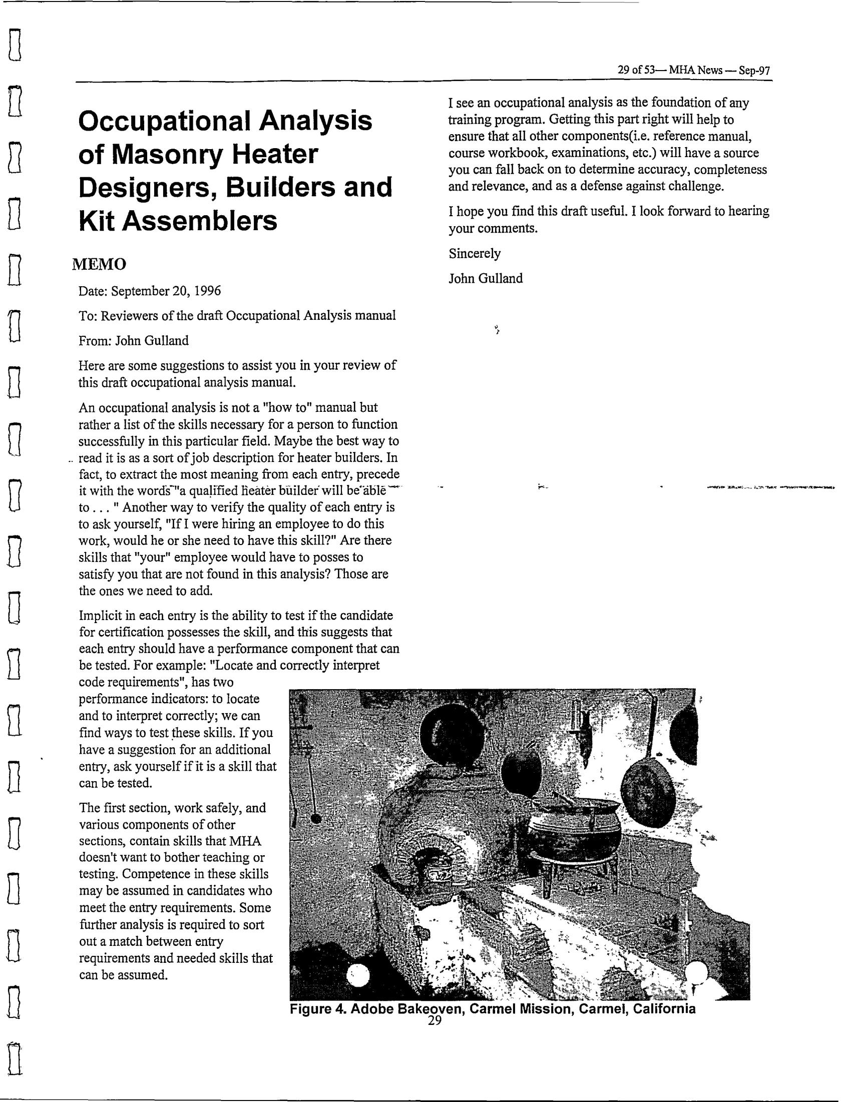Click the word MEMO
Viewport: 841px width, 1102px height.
[99, 264]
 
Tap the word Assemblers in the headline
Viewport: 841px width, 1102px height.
[200, 220]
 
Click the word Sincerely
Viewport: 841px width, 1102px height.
[474, 253]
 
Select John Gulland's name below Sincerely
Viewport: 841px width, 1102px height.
[485, 278]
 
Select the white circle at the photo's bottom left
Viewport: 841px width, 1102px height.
[359, 975]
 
